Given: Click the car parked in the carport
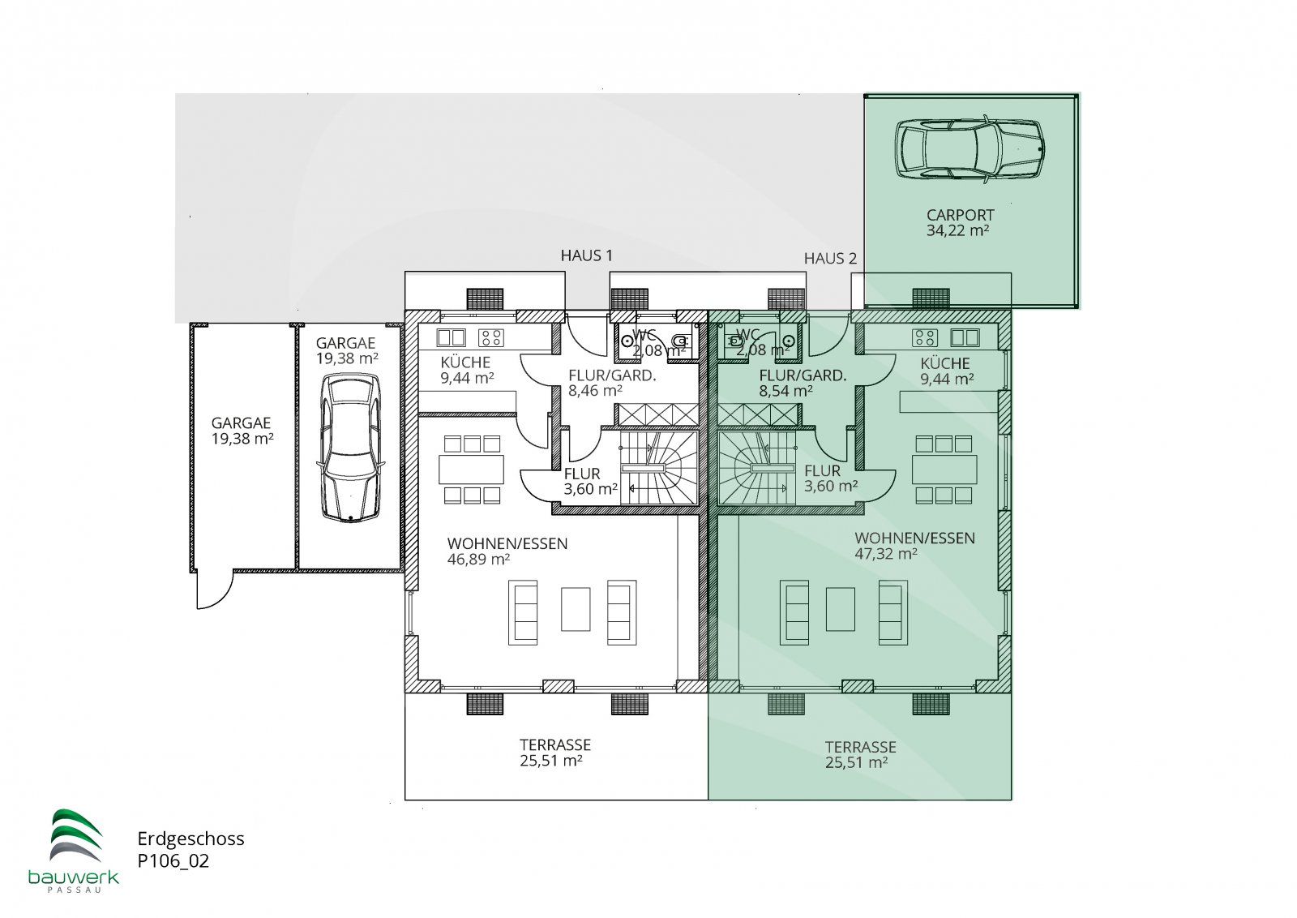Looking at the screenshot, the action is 970,149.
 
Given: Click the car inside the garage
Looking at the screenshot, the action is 350,448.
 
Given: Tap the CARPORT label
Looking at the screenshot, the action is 960,215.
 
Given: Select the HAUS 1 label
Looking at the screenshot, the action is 586,255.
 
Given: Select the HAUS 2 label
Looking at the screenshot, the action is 830,259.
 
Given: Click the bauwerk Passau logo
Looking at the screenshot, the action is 74,851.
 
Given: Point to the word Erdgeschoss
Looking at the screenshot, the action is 190,839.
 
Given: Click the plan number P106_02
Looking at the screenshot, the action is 173,861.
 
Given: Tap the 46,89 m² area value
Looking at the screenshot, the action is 478,559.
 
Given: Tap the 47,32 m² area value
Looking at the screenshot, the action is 886,554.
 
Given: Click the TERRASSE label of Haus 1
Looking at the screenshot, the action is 554,744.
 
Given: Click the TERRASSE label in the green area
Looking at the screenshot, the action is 860,747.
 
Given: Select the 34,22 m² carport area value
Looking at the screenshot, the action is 957,230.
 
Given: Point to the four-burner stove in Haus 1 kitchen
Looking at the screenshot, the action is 490,337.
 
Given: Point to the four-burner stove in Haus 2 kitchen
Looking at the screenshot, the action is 925,337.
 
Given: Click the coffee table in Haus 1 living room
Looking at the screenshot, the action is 576,609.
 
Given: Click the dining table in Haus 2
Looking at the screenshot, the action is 944,470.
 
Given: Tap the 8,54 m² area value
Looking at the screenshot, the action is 785,391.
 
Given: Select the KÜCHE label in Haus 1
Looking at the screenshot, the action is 465,362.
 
